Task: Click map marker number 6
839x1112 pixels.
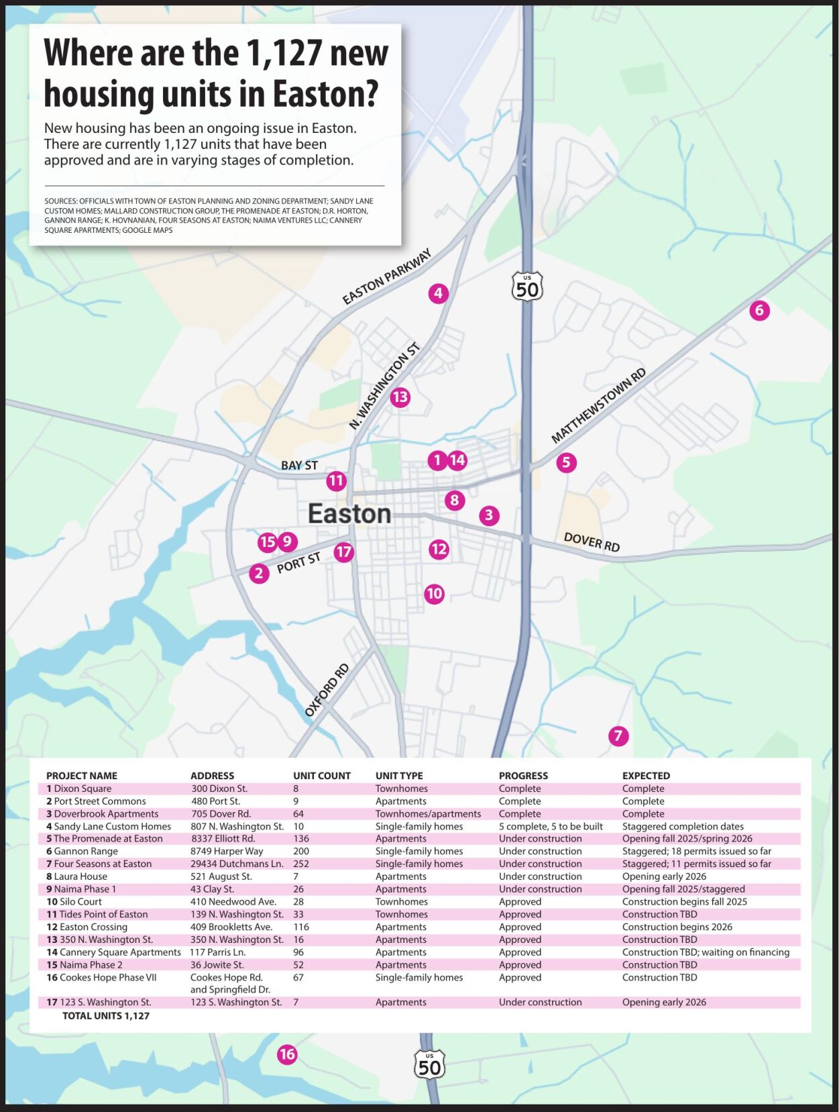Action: point(759,310)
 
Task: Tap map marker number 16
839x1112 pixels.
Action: point(287,1054)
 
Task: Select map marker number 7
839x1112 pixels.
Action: point(618,736)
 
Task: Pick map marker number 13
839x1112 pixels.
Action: point(400,397)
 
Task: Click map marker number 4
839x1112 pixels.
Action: point(438,293)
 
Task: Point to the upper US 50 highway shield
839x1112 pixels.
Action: point(527,287)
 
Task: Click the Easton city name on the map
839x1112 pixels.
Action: point(349,514)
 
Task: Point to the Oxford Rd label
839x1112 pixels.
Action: point(327,690)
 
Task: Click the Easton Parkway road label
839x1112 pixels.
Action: point(386,276)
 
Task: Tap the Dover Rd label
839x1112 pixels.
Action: point(592,542)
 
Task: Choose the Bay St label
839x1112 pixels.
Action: point(299,465)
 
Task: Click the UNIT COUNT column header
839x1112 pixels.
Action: point(322,776)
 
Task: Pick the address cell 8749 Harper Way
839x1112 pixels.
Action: point(227,851)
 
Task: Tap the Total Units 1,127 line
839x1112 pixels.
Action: point(106,1016)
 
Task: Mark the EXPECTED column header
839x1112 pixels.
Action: point(646,776)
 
